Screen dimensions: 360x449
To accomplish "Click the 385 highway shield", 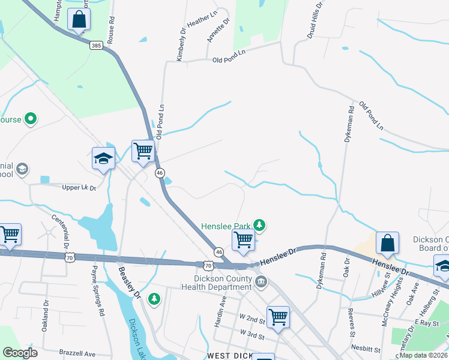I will [96, 45].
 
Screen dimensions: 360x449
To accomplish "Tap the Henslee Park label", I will [225, 226].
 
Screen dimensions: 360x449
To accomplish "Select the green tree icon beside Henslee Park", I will [259, 226].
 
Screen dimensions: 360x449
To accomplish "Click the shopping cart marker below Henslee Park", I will [243, 239].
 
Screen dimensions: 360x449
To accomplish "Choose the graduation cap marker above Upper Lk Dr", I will [103, 158].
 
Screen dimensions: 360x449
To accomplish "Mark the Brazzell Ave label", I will [77, 353].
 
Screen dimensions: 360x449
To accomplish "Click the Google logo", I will [20, 353].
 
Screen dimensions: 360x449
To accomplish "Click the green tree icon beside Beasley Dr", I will [154, 298].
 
